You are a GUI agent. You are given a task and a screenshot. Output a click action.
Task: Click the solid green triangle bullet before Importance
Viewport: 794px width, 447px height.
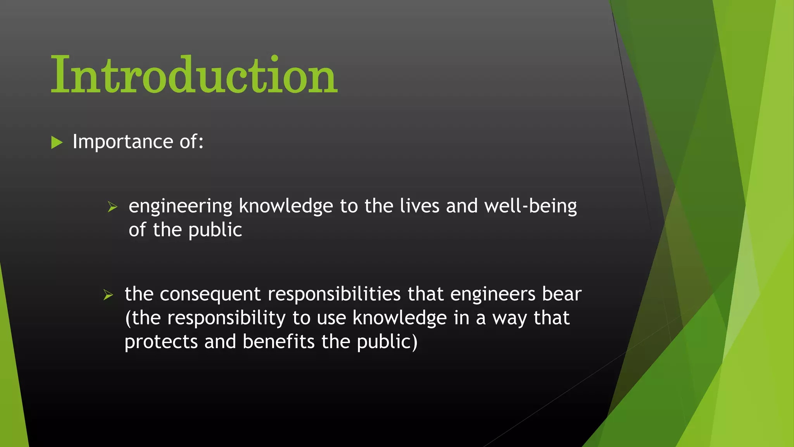click(x=57, y=142)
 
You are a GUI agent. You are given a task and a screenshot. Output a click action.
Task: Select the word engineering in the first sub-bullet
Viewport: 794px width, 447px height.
click(x=180, y=206)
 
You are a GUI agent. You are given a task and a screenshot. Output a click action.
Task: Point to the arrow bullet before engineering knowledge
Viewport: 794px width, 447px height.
click(x=112, y=207)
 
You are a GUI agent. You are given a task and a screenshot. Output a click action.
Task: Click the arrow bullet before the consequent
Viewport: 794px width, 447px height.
click(x=108, y=295)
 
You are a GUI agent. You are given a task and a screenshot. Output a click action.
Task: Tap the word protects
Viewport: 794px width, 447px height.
click(x=161, y=342)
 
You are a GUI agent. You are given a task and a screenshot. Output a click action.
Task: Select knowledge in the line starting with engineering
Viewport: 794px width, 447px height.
click(x=286, y=206)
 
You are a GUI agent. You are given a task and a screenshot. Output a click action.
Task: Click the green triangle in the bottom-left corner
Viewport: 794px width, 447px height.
click(x=12, y=388)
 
